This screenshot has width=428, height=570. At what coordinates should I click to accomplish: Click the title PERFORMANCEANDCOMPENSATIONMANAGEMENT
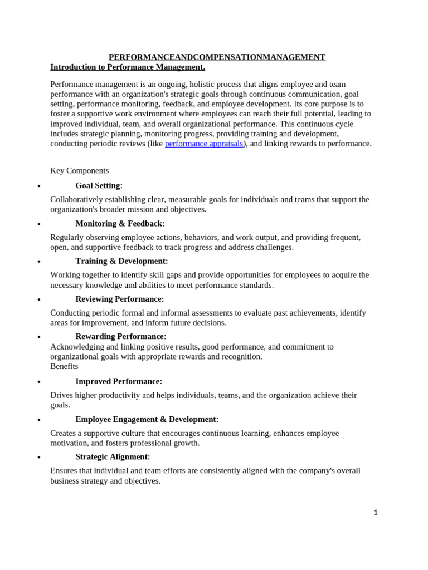[217, 57]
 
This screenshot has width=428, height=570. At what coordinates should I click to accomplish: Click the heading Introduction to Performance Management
[128, 67]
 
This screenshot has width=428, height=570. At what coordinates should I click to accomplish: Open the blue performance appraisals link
[204, 144]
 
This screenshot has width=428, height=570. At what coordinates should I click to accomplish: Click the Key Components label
[80, 171]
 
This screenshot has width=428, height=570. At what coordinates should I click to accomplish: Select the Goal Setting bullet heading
[99, 186]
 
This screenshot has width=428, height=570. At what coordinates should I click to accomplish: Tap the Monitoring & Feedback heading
[120, 224]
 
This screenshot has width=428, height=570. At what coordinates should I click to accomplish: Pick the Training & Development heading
[121, 261]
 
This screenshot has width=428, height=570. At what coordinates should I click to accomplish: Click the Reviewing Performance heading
[120, 299]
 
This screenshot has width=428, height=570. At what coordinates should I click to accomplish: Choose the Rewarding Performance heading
[121, 337]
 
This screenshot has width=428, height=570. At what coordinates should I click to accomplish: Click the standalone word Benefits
[64, 367]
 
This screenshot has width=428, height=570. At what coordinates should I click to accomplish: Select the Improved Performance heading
[119, 382]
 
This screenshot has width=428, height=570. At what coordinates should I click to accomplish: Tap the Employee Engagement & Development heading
[147, 420]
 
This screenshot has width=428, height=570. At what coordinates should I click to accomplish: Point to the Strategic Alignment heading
[113, 457]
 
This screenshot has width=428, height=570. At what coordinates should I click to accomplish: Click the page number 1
[376, 513]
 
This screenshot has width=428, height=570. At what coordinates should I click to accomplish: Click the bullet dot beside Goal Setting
[38, 187]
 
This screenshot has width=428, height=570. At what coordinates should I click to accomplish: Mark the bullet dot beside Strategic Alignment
[38, 458]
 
